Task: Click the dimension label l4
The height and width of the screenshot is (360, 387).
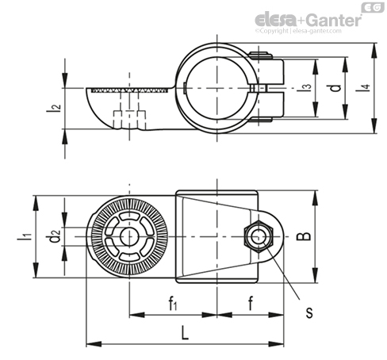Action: click(x=366, y=88)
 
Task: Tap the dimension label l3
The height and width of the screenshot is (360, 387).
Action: click(x=307, y=87)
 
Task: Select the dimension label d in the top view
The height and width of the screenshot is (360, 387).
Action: click(x=336, y=88)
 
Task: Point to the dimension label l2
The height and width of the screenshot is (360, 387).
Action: click(x=53, y=108)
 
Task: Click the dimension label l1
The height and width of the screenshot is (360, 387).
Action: click(x=25, y=236)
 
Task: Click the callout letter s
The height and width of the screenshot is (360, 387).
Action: click(x=309, y=312)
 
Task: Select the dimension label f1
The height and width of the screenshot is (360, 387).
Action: click(x=173, y=303)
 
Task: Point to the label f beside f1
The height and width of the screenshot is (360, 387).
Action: click(x=251, y=303)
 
